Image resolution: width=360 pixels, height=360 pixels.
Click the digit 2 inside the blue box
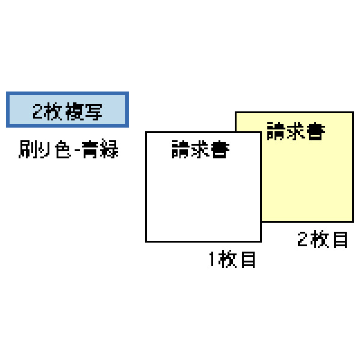(x=37, y=111)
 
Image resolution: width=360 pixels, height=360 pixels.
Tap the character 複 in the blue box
(x=74, y=111)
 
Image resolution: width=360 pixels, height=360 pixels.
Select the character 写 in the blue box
(x=93, y=111)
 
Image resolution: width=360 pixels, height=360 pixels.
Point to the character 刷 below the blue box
(x=28, y=149)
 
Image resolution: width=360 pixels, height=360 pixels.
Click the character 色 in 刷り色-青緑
(x=63, y=149)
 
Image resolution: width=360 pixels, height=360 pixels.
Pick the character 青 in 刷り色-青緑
(x=90, y=149)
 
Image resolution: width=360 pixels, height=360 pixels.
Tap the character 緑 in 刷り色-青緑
(x=109, y=149)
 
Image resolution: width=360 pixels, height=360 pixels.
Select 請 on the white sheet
(x=181, y=149)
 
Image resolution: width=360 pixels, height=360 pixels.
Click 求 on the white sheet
(x=200, y=149)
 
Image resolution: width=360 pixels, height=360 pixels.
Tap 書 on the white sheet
(x=220, y=149)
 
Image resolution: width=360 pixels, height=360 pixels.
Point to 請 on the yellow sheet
(x=276, y=131)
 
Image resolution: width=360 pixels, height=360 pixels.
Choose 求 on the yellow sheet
(x=296, y=131)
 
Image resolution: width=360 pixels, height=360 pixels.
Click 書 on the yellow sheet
(x=315, y=131)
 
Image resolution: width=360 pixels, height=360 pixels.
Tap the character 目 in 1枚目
(x=248, y=259)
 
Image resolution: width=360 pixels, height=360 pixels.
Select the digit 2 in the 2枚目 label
(x=302, y=239)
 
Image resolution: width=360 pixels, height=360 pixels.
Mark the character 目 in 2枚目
(x=340, y=240)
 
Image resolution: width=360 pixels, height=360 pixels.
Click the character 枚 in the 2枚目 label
(x=320, y=239)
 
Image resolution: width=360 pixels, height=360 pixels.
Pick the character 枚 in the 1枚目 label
(x=228, y=259)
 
